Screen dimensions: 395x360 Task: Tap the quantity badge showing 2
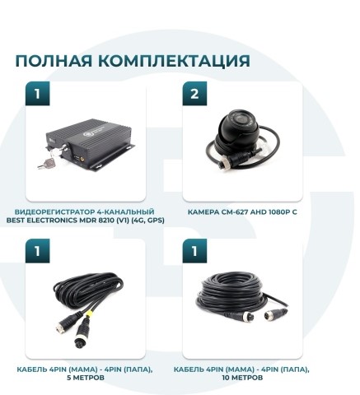(194, 94)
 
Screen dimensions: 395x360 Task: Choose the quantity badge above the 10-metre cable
(194, 250)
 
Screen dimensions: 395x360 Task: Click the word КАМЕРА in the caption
(203, 211)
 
